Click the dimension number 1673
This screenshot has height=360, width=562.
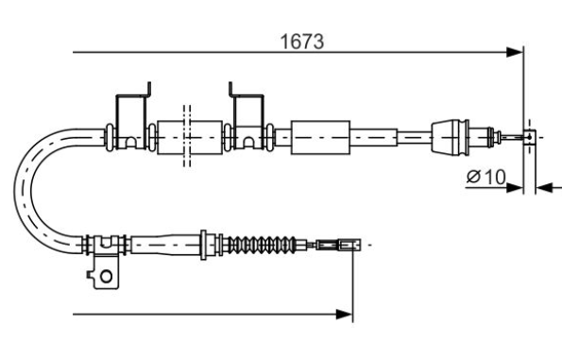click(302, 42)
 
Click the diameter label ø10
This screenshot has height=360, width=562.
click(486, 177)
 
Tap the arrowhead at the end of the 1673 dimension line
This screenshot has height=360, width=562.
click(515, 52)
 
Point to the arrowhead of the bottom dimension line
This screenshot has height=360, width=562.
click(344, 315)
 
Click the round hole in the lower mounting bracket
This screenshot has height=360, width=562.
click(106, 277)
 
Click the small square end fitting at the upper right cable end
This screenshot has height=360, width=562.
click(530, 137)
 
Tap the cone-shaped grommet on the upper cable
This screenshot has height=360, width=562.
click(451, 137)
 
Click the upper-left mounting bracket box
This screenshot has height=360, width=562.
click(131, 122)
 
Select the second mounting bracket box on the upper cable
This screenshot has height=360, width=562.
click(248, 122)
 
